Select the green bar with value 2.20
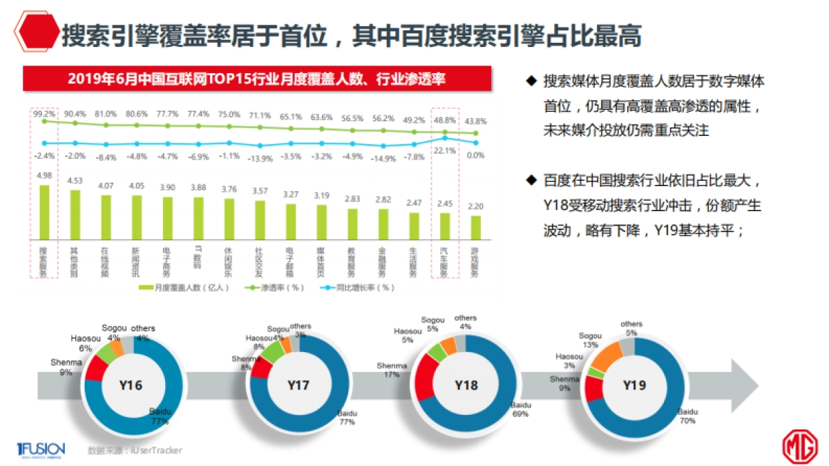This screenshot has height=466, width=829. [x=475, y=226]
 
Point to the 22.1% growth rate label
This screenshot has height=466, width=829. [x=444, y=151]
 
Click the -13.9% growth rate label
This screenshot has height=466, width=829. [x=259, y=158]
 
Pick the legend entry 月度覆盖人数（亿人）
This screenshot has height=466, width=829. [x=182, y=287]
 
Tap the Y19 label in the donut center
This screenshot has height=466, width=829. [x=633, y=385]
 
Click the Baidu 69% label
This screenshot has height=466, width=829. [x=520, y=409]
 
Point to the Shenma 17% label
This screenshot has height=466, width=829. [x=390, y=370]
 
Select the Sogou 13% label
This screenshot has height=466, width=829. [x=590, y=340]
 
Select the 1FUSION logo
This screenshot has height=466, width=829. [x=41, y=449]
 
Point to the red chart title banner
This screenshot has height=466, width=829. [x=257, y=79]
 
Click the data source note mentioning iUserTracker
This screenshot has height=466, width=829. [x=135, y=450]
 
